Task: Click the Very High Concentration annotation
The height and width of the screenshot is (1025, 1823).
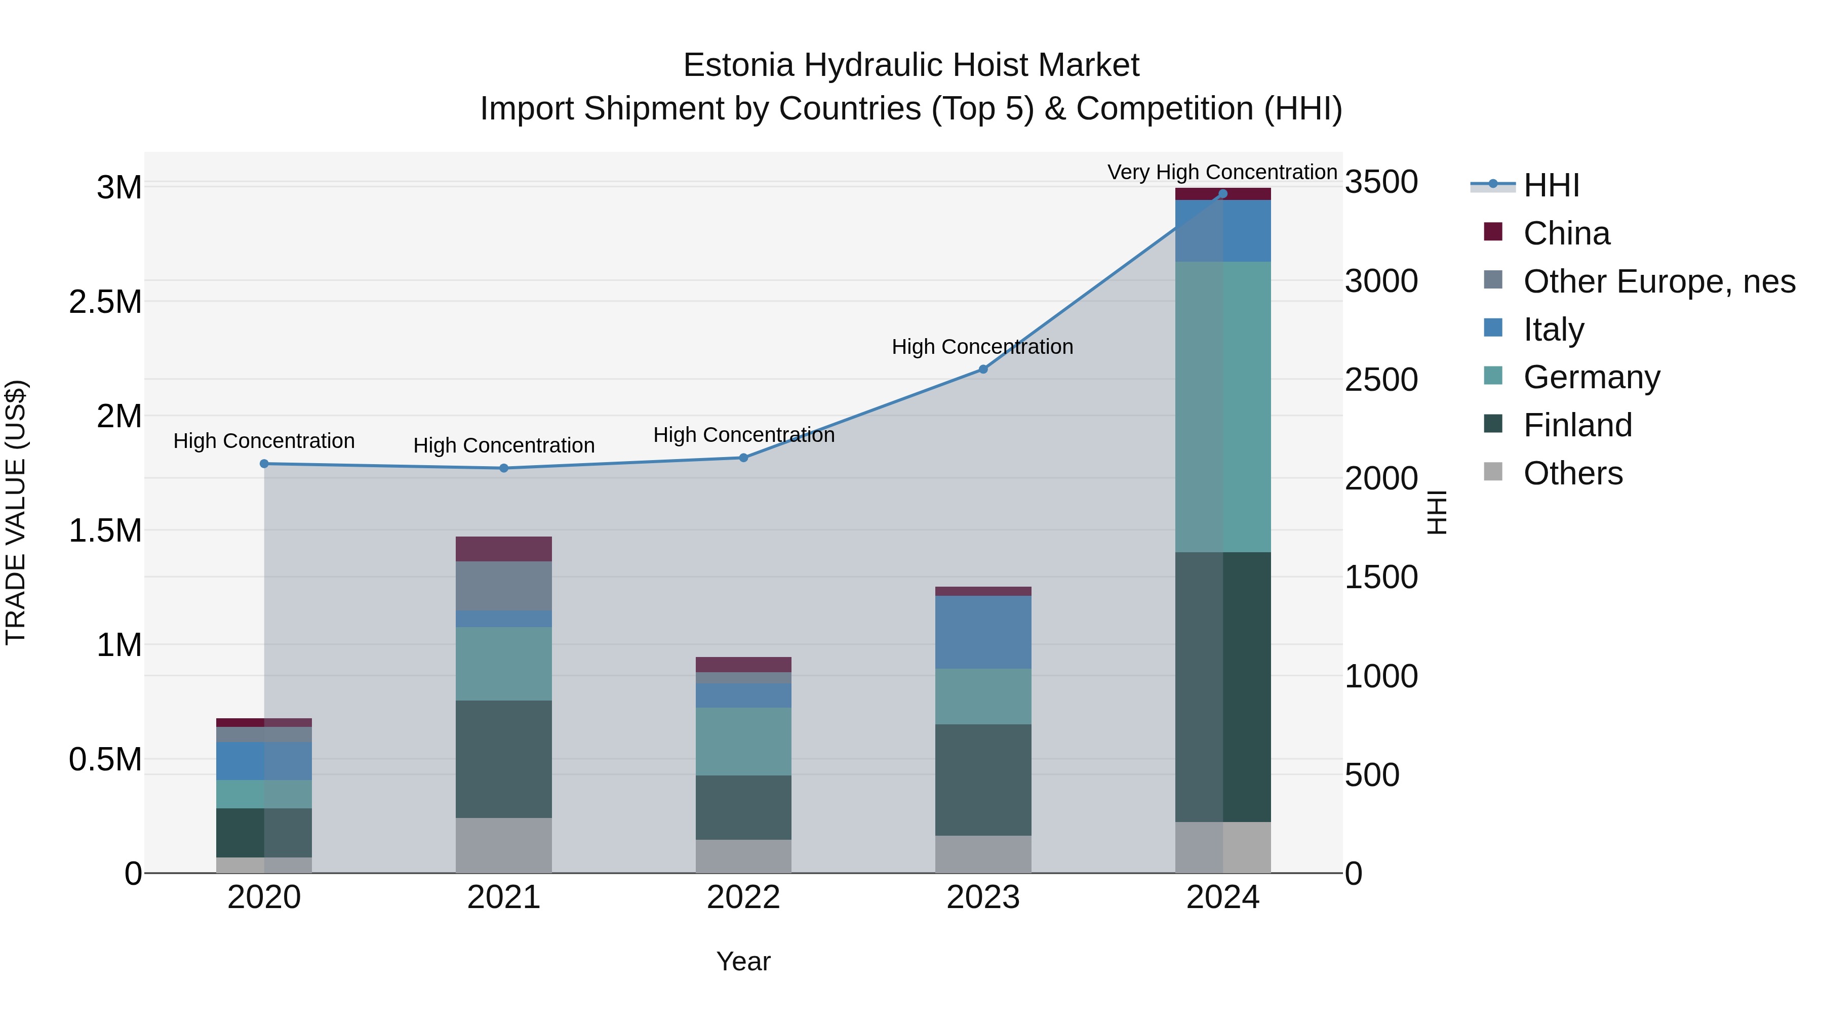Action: pyautogui.click(x=1222, y=172)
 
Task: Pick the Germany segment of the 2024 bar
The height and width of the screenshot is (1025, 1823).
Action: pyautogui.click(x=1223, y=407)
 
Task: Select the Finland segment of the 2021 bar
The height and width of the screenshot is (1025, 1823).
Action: pyautogui.click(x=504, y=759)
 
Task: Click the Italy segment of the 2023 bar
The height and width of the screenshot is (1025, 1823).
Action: pyautogui.click(x=983, y=632)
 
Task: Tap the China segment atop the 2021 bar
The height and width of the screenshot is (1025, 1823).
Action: pyautogui.click(x=504, y=549)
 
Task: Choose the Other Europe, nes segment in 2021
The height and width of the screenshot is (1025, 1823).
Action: pyautogui.click(x=504, y=586)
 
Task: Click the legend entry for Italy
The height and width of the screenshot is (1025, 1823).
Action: pyautogui.click(x=1554, y=330)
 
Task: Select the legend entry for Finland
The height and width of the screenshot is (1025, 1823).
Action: pyautogui.click(x=1577, y=425)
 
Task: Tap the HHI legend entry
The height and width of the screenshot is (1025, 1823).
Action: pyautogui.click(x=1551, y=185)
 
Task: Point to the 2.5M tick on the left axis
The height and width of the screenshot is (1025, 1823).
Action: pyautogui.click(x=105, y=302)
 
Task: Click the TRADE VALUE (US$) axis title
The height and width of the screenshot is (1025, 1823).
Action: pyautogui.click(x=16, y=512)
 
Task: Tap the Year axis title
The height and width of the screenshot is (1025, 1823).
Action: pyautogui.click(x=743, y=961)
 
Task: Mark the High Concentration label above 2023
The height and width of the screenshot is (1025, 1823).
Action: pyautogui.click(x=982, y=347)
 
